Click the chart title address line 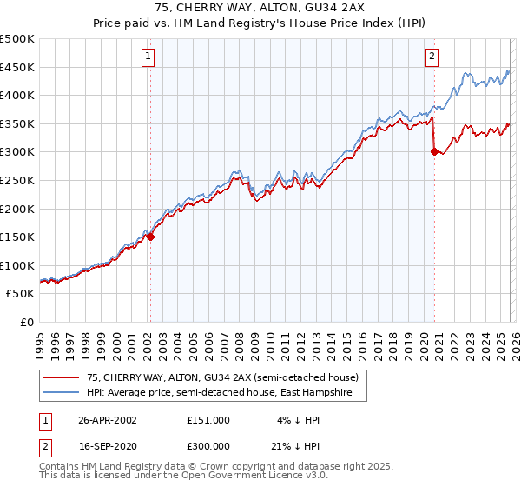(260, 9)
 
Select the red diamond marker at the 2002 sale (150, 236)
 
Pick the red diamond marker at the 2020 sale (433, 151)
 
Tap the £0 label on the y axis (27, 322)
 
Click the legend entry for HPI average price (226, 392)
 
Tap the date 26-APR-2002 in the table (108, 419)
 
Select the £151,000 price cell (208, 419)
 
